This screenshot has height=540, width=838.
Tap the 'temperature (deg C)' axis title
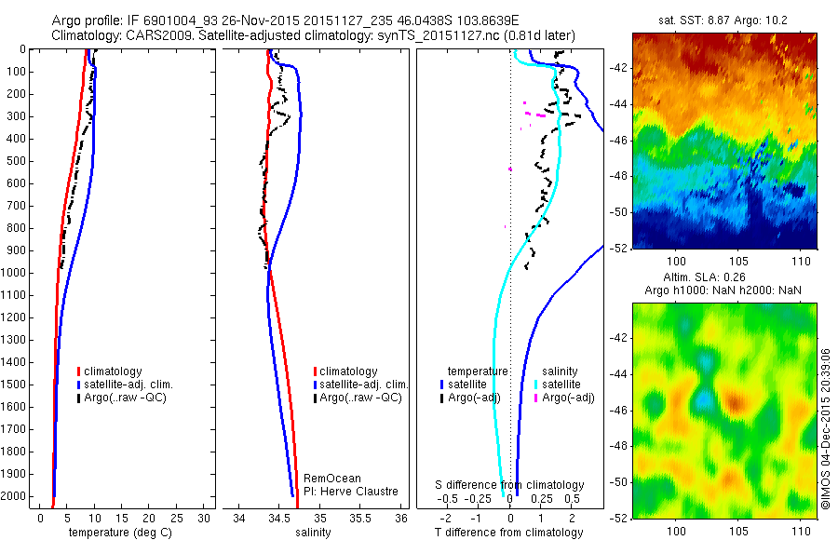tap(117, 533)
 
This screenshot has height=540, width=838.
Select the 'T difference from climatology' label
tap(508, 533)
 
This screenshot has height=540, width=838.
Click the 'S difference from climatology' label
tap(510, 485)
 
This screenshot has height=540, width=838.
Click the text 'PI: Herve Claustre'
tap(351, 492)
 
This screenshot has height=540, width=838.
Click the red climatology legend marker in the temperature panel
tap(80, 371)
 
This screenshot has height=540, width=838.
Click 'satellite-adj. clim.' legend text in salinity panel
tap(363, 385)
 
